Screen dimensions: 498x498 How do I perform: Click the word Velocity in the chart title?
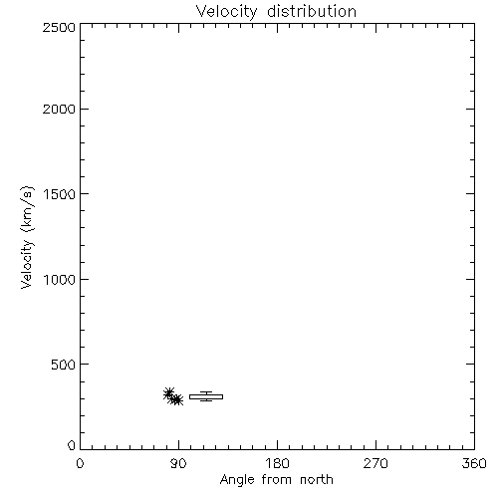pos(226,12)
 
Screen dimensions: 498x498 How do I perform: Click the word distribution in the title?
pos(312,11)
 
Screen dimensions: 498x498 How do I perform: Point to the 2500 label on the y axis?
pos(59,27)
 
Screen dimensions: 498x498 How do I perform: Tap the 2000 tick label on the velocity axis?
pos(59,109)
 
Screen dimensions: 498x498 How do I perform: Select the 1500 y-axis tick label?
pos(60,194)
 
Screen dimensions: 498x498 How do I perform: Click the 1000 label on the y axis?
pos(60,279)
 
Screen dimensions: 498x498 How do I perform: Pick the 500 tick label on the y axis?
pos(64,365)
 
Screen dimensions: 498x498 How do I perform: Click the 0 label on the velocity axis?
pos(72,445)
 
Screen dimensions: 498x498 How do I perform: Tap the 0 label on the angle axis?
pos(80,463)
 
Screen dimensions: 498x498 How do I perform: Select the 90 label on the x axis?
pos(178,463)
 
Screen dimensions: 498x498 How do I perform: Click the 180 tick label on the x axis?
pos(277,463)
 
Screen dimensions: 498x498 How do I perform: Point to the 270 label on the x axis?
pos(375,463)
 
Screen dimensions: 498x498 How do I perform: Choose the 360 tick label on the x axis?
pos(474,463)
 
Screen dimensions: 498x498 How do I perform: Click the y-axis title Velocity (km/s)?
pos(27,237)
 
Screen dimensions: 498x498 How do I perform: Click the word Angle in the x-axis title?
pos(237,481)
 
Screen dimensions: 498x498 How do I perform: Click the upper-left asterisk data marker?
pos(169,393)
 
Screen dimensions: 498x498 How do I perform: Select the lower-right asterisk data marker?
pos(177,400)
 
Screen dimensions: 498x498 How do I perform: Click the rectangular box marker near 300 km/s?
pos(206,394)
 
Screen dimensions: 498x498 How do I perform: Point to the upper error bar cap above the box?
pos(206,392)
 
